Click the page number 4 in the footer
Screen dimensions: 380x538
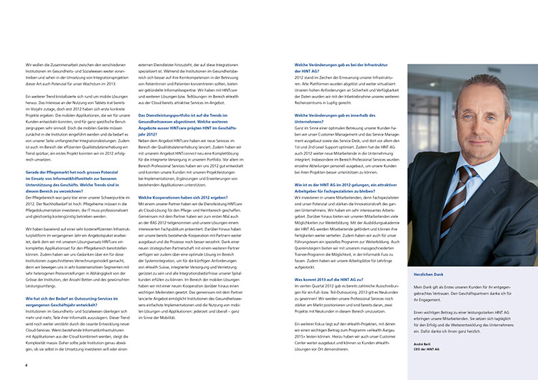[x=27, y=364]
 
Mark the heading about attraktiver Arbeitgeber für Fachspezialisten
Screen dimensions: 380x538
[x=339, y=189]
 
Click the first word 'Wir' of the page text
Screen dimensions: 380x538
[x=28, y=66]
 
